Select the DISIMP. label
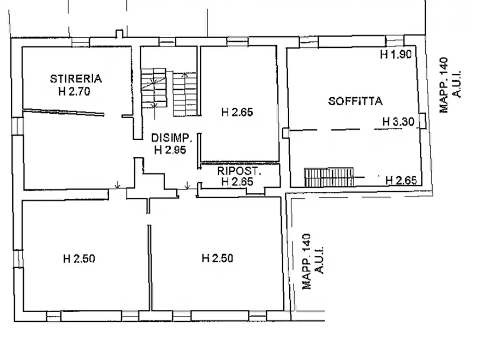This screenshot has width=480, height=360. pyautogui.click(x=168, y=138)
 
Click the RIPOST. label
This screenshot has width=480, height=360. pyautogui.click(x=239, y=172)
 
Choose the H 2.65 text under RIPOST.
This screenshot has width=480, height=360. pyautogui.click(x=237, y=182)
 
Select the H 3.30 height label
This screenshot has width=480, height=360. pyautogui.click(x=398, y=122)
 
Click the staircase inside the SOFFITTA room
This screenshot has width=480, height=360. pyautogui.click(x=328, y=176)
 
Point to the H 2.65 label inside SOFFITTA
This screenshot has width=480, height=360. pyautogui.click(x=401, y=180)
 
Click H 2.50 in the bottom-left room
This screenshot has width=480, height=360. pyautogui.click(x=79, y=258)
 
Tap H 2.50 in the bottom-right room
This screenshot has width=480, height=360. pyautogui.click(x=217, y=258)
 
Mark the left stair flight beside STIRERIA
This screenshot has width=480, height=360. pyautogui.click(x=154, y=87)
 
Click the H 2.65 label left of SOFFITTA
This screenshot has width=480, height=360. pyautogui.click(x=237, y=112)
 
